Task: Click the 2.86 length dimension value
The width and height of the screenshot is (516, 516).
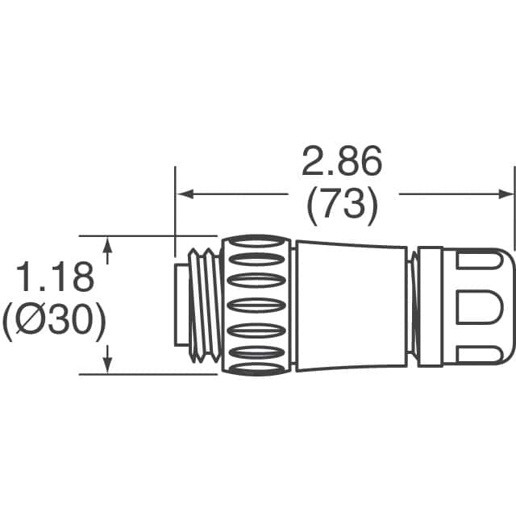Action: pyautogui.click(x=341, y=163)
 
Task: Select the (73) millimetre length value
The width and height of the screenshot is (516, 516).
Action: pyautogui.click(x=341, y=208)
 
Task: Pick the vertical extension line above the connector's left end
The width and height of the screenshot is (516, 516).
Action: pyautogui.click(x=175, y=202)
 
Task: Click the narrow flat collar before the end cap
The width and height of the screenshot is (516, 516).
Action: pyautogui.click(x=429, y=305)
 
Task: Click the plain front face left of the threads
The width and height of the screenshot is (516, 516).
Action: pyautogui.click(x=181, y=301)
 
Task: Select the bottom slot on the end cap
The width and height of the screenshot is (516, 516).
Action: pyautogui.click(x=481, y=352)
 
